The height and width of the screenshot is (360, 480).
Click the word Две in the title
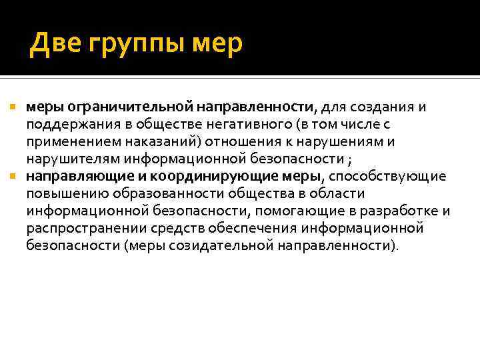tap(56, 44)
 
